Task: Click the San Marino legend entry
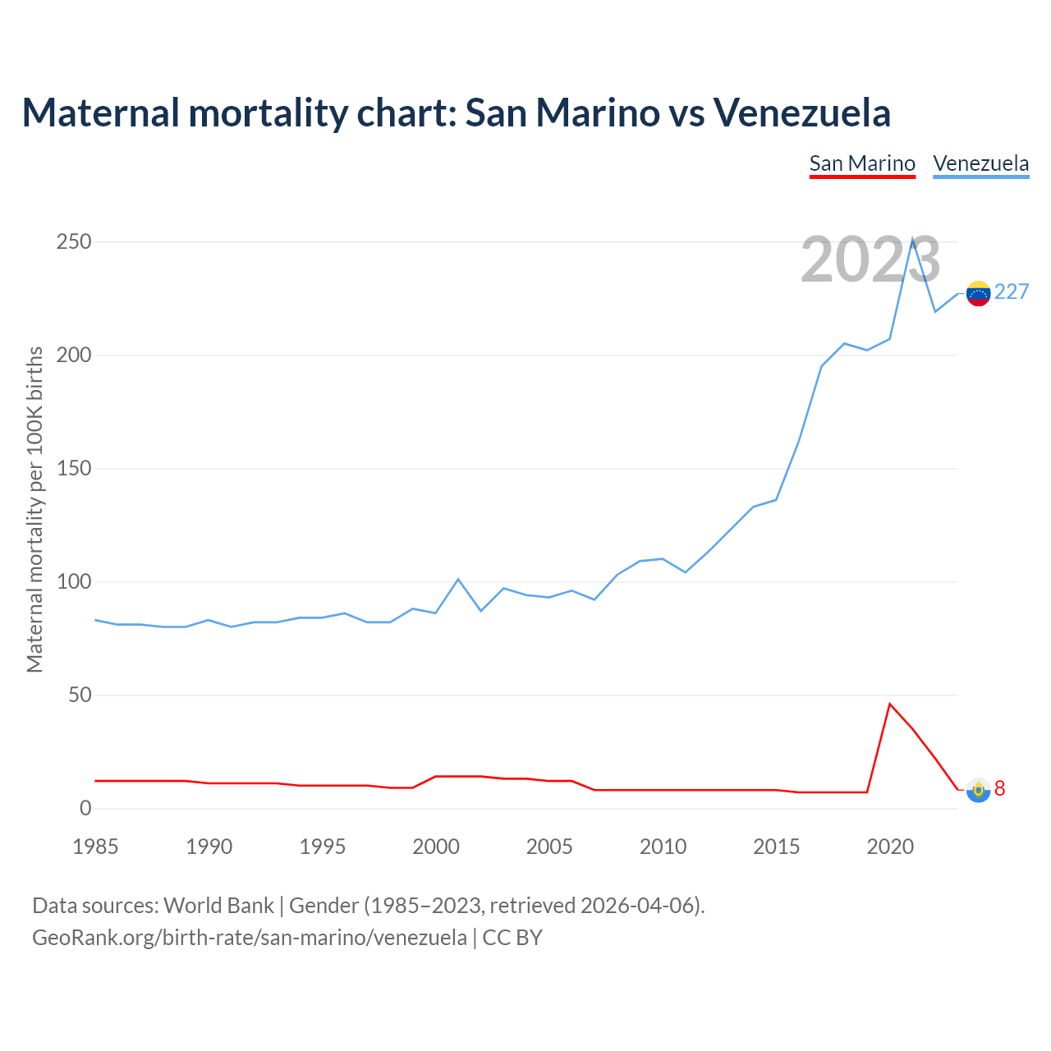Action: (862, 163)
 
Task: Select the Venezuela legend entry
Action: (980, 163)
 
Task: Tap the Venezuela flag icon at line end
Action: (978, 293)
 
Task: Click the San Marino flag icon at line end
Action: (978, 790)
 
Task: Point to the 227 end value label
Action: (1012, 292)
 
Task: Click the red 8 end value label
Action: (1000, 788)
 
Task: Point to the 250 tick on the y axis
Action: (74, 242)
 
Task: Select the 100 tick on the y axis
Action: (74, 582)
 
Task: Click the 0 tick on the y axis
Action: (85, 809)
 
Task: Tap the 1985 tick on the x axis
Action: (95, 847)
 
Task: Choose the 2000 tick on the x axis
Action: (436, 847)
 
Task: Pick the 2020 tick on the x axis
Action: (890, 847)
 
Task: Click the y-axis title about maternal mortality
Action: (34, 509)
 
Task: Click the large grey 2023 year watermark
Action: (870, 260)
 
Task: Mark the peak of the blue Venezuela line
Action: (912, 239)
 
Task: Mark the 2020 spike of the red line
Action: (889, 704)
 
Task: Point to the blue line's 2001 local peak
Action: (458, 579)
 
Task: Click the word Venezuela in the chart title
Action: (801, 112)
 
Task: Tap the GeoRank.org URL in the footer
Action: (249, 937)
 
